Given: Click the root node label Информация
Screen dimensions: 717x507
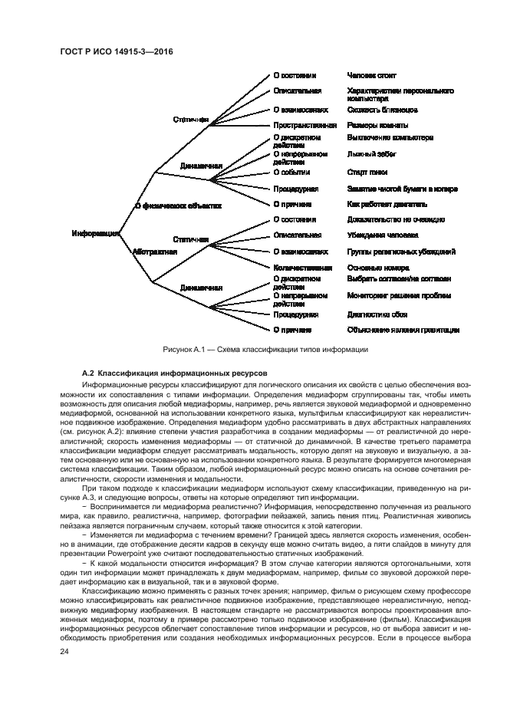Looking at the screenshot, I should (x=94, y=233).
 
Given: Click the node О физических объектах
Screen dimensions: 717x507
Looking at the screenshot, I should (x=177, y=206).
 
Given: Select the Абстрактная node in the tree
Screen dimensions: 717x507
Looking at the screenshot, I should (x=155, y=251).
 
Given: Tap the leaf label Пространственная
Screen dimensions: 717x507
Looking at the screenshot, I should (x=305, y=125).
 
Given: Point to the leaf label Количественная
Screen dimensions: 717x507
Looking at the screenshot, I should (x=303, y=268).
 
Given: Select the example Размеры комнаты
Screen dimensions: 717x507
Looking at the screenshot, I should (x=377, y=125).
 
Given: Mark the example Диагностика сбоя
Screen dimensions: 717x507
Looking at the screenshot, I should (x=377, y=314).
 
